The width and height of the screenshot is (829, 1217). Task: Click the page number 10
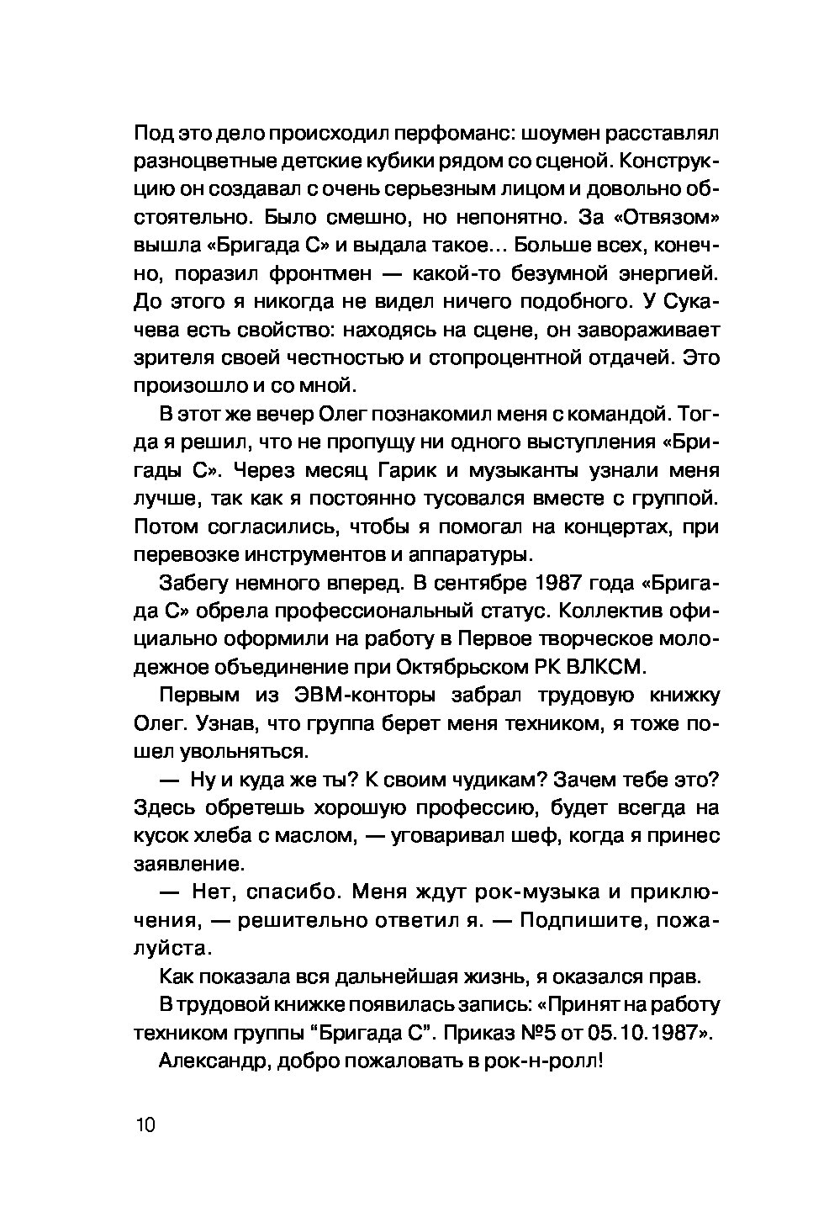click(145, 1125)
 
